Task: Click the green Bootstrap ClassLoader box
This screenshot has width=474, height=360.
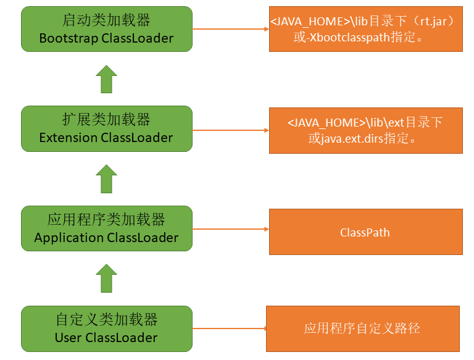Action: point(106,29)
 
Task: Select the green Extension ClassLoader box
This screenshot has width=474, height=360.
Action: point(106,128)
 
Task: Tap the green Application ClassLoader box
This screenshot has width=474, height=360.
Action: point(106,228)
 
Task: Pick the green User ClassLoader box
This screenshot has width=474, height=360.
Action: point(106,328)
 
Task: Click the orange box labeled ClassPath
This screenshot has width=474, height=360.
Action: point(365,232)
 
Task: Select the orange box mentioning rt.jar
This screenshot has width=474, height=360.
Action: point(365,29)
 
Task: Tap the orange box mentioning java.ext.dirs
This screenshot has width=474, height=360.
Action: point(365,130)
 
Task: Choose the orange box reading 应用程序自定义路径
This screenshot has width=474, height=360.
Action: point(362,329)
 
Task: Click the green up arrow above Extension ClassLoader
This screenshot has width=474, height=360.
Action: point(106,79)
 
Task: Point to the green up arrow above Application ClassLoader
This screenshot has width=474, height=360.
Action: point(106,178)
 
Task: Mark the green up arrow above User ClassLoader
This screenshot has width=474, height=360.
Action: point(106,278)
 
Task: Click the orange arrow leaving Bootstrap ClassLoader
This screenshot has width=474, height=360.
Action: point(230,29)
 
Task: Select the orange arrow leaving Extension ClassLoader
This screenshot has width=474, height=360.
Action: point(230,130)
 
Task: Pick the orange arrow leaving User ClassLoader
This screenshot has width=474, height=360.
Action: point(228,329)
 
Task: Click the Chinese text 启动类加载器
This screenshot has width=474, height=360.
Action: point(106,20)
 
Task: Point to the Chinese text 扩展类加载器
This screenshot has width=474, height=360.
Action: point(106,120)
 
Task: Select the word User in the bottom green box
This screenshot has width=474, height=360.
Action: point(68,338)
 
